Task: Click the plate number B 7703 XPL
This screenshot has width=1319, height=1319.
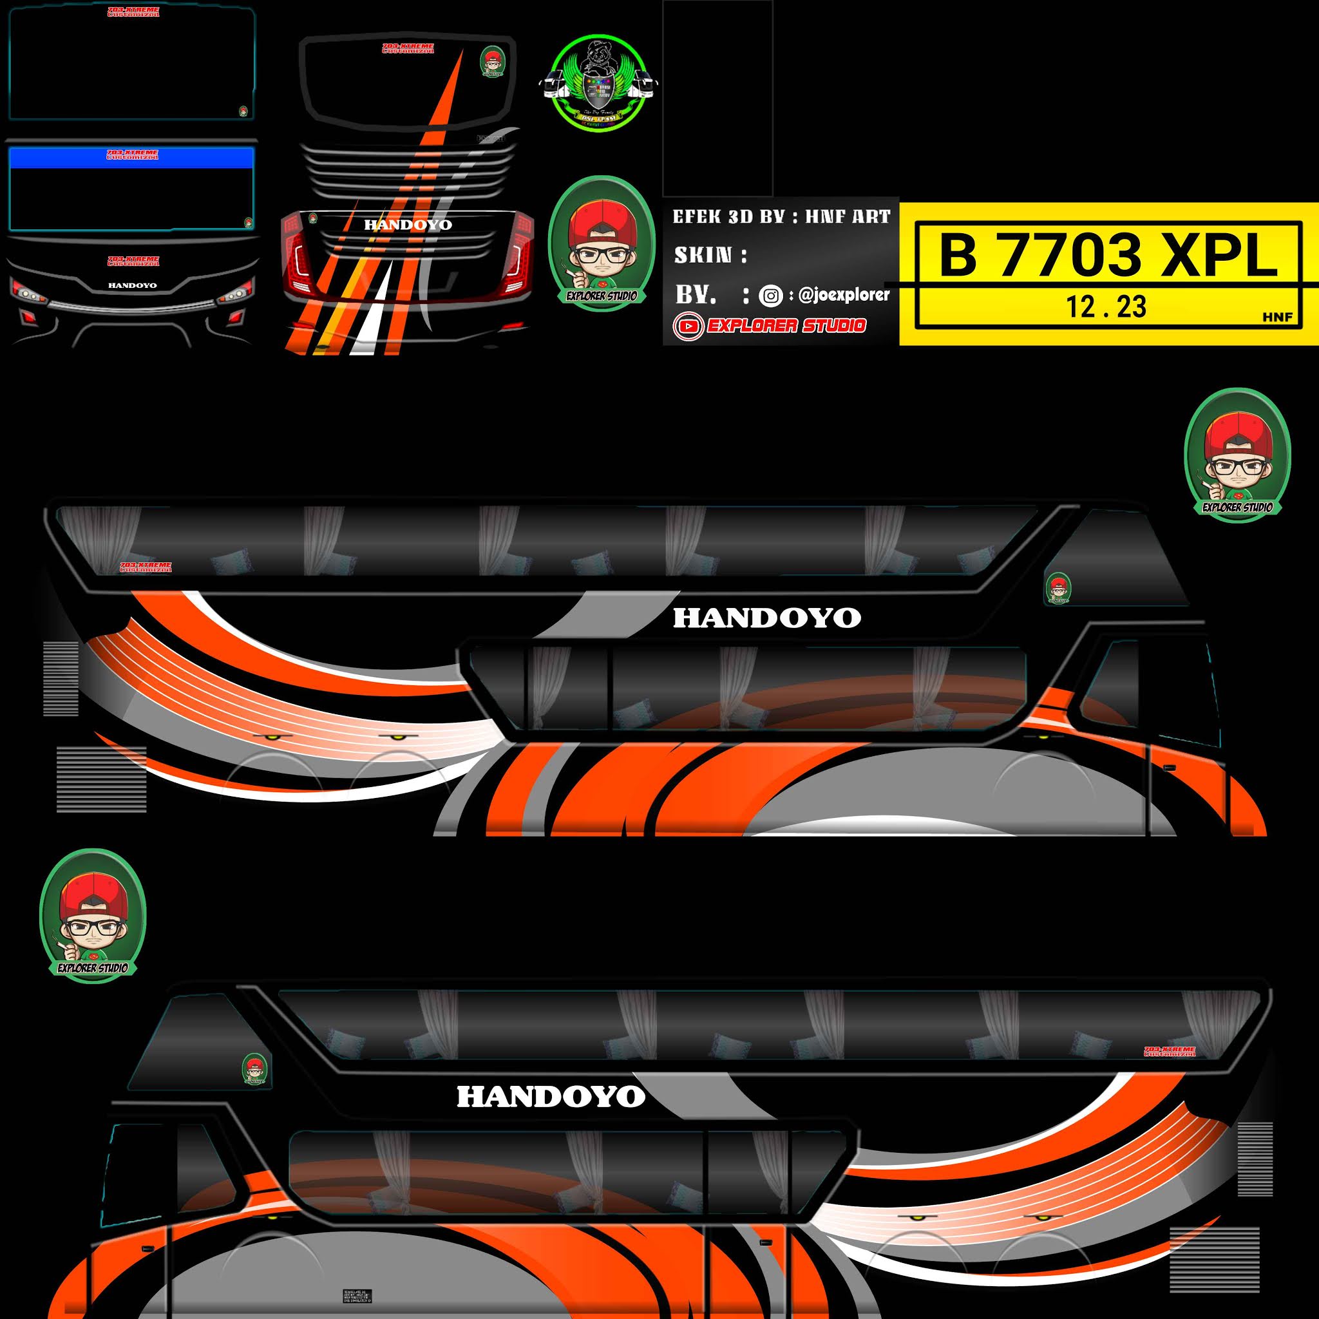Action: click(x=1107, y=254)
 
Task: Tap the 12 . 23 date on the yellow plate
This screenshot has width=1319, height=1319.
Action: click(x=1106, y=307)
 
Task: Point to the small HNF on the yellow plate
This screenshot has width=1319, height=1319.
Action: click(x=1277, y=317)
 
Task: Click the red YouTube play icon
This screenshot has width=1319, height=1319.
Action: click(x=688, y=327)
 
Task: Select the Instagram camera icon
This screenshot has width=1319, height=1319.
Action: click(x=771, y=296)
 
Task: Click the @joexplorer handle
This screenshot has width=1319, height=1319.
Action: click(x=844, y=295)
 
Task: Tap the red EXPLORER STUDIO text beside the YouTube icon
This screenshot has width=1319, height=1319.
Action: click(x=786, y=326)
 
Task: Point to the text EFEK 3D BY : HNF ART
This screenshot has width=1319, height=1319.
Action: click(x=781, y=217)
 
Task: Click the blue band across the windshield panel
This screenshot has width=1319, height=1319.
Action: click(x=132, y=158)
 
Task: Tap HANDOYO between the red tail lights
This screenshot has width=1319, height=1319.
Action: click(x=408, y=225)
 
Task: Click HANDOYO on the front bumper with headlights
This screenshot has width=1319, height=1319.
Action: click(x=133, y=285)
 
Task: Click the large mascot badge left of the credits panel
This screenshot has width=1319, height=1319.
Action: click(x=602, y=243)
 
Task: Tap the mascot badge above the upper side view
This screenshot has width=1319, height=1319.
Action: click(x=1237, y=454)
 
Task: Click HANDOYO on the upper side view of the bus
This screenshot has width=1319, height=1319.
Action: click(x=766, y=618)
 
